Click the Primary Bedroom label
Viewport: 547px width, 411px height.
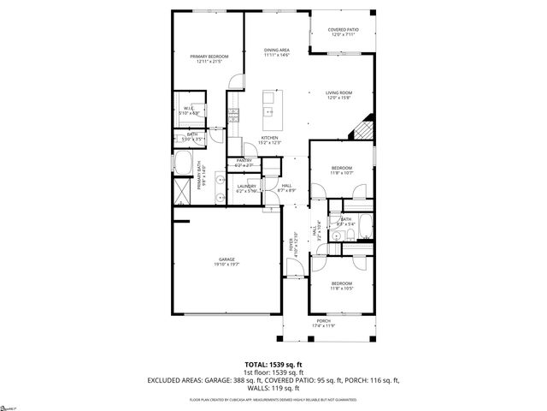point(209,56)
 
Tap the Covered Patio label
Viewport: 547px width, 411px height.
point(344,29)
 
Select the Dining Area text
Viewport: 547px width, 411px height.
point(277,51)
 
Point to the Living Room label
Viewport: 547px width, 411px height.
point(338,92)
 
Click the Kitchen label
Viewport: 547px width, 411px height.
point(270,138)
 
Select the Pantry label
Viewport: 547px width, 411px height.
point(243,161)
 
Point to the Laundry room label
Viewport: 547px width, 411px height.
point(247,186)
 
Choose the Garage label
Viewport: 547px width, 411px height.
point(226,259)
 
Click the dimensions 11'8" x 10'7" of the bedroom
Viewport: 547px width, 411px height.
point(342,172)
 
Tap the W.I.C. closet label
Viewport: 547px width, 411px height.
point(190,107)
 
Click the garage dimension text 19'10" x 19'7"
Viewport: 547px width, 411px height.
point(226,265)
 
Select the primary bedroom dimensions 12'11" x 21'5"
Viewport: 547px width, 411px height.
point(209,62)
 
